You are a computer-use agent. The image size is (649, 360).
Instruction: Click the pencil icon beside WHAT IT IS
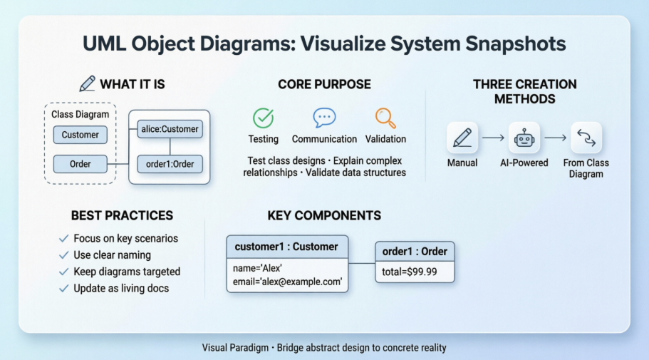(87, 84)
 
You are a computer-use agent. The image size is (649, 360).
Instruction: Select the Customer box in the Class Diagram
(80, 135)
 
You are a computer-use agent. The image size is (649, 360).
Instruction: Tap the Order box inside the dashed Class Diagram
(80, 164)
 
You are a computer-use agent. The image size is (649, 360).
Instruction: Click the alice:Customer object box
(170, 129)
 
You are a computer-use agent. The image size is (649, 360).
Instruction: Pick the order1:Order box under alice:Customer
(170, 164)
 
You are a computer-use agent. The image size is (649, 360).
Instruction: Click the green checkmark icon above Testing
(263, 118)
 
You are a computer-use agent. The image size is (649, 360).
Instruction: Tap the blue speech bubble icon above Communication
(324, 118)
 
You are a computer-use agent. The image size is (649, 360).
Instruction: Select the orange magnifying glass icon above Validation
(385, 118)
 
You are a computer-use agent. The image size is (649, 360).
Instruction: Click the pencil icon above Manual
(462, 137)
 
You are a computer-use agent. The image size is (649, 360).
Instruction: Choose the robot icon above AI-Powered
(524, 137)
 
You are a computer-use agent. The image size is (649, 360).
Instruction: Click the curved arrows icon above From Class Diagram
(586, 137)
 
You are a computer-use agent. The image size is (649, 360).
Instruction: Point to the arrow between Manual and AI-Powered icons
(492, 137)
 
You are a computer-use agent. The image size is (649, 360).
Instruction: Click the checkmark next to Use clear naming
(63, 255)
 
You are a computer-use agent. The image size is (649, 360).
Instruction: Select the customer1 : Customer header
(287, 247)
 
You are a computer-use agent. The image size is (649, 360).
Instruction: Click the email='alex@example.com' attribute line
(288, 282)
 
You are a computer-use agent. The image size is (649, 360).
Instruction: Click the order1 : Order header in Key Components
(415, 252)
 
